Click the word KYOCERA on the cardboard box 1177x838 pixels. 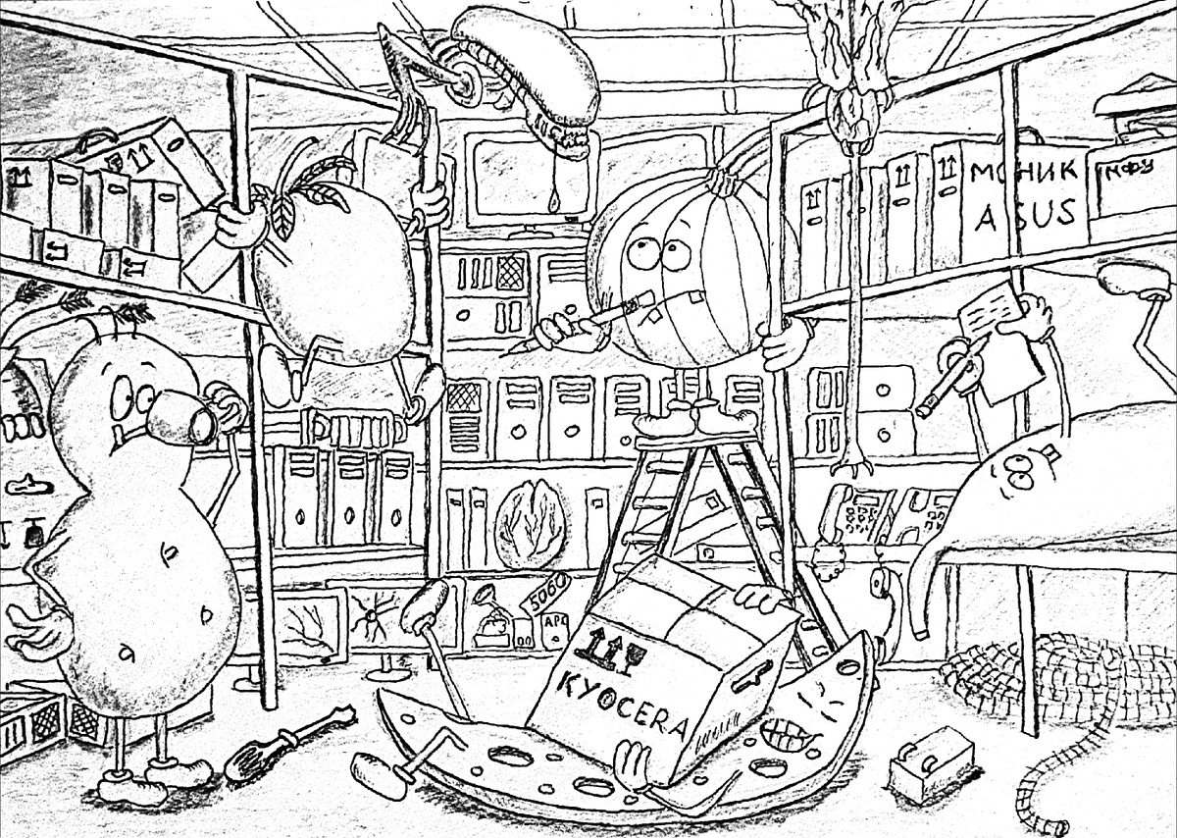(629, 701)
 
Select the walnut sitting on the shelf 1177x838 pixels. (531, 525)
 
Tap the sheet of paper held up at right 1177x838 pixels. (1000, 339)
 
